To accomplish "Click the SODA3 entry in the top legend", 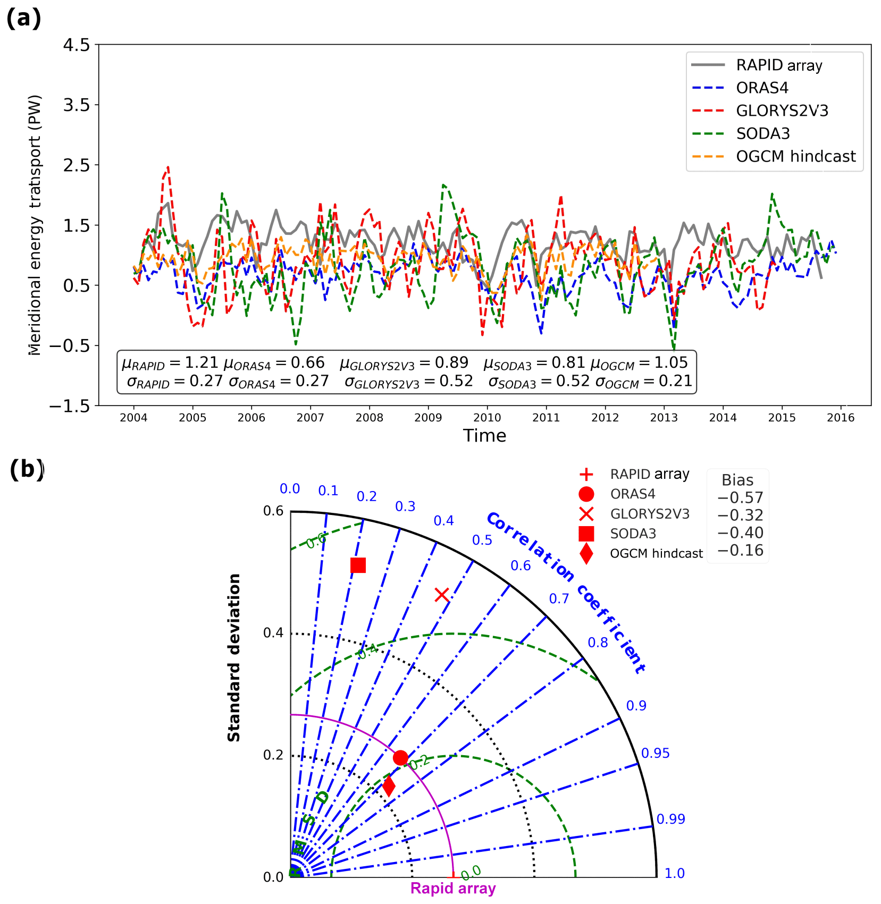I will tap(763, 133).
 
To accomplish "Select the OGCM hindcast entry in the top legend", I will tap(795, 156).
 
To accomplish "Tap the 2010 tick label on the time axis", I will tap(487, 418).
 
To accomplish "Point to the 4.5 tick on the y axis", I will tap(77, 45).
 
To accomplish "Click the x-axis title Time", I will tap(484, 436).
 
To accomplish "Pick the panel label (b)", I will tap(27, 470).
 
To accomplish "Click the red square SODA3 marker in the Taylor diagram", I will tap(358, 565).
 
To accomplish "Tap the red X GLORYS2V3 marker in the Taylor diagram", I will tap(442, 595).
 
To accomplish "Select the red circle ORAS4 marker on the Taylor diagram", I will tap(400, 757).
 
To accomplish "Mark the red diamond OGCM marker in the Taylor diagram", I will tap(389, 786).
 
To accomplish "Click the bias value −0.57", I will tap(740, 498).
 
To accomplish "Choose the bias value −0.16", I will tap(740, 551).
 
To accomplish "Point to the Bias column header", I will tap(737, 480).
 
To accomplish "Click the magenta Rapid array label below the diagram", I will tap(453, 888).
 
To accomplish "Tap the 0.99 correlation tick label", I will tap(670, 819).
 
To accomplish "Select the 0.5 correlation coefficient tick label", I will tap(482, 540).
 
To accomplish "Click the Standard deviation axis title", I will tap(234, 657).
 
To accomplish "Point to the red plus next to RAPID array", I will tap(586, 474).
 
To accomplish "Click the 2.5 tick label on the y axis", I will tap(77, 165).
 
